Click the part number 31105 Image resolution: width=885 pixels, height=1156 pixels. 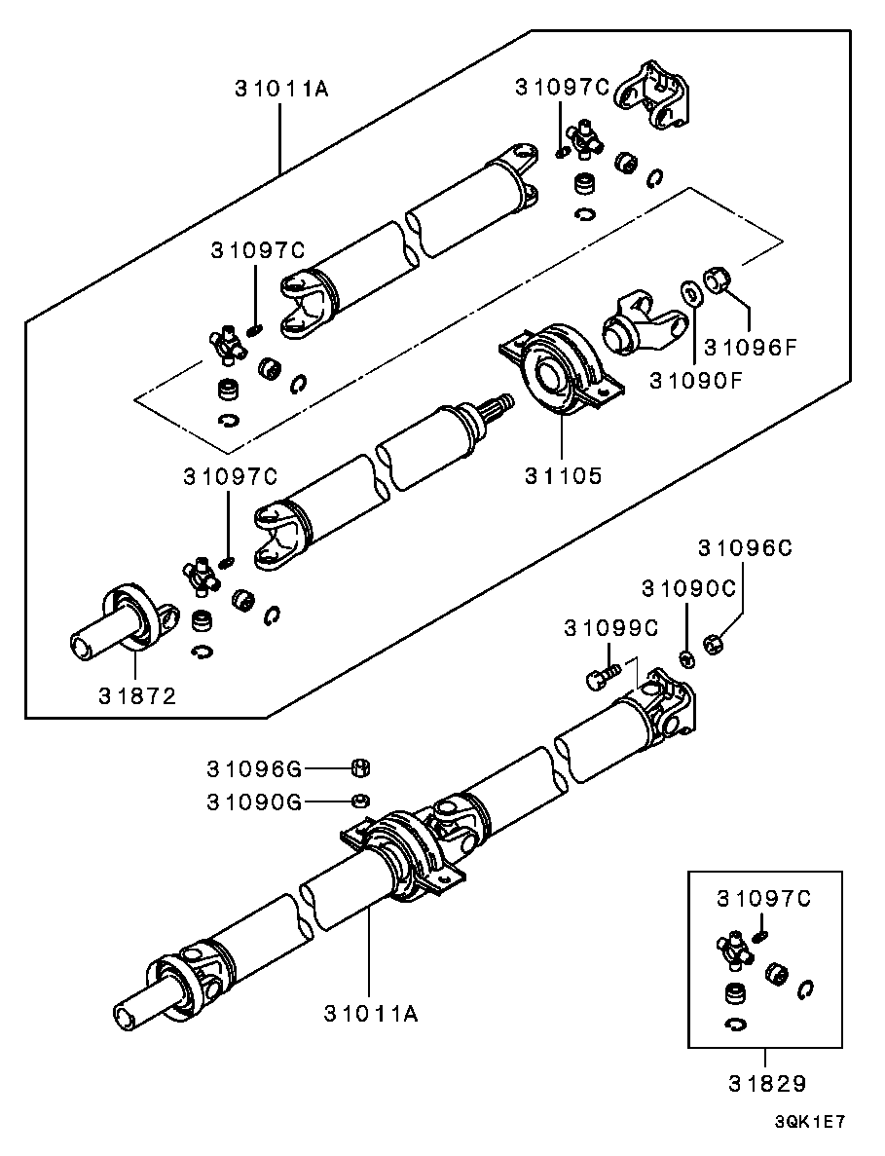click(x=564, y=476)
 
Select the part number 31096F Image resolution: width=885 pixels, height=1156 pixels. click(x=750, y=346)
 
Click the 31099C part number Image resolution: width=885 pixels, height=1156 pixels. click(x=611, y=629)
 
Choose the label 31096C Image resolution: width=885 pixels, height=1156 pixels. click(x=745, y=548)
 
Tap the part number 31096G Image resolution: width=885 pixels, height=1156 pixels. click(x=253, y=768)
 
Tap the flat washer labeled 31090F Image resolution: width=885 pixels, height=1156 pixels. click(x=690, y=291)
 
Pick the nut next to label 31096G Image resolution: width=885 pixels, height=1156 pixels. click(x=358, y=767)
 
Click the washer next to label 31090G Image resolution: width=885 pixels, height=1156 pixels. click(x=358, y=801)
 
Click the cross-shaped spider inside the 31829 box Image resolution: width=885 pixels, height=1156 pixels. click(x=736, y=950)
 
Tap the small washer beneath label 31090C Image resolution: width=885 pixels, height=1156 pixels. click(x=685, y=660)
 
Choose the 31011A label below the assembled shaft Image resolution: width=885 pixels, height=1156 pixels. click(x=371, y=1013)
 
